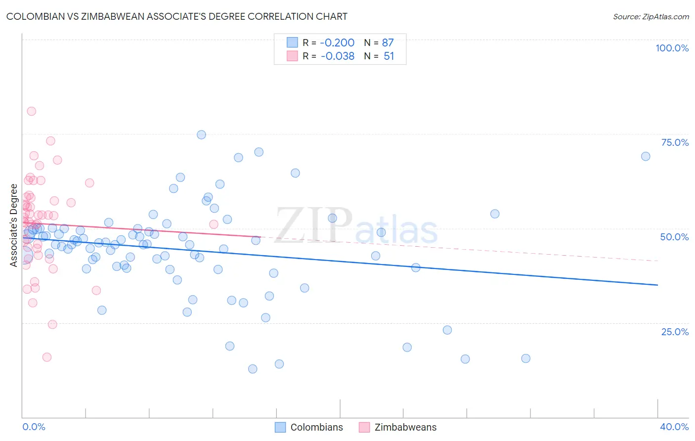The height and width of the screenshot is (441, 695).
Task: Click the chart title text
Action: coord(176,16)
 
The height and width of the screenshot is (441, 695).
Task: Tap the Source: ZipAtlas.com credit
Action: coord(651,16)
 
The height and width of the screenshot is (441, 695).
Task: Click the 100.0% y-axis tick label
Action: coord(672,48)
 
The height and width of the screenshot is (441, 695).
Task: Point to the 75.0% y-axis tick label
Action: coord(675,142)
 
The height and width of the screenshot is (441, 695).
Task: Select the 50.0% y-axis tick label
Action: coord(674,237)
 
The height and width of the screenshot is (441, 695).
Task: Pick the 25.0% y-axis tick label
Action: coord(675,331)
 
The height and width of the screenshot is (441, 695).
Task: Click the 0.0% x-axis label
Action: coord(34,427)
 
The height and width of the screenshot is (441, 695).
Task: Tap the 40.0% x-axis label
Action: coord(674,427)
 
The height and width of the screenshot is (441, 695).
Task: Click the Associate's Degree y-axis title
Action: coord(14,225)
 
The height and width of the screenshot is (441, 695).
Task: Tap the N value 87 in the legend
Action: coord(388,43)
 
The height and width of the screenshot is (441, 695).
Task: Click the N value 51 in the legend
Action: coord(389,56)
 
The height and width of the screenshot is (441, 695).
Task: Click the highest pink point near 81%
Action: coord(31,111)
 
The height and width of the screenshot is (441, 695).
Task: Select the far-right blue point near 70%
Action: coord(646,156)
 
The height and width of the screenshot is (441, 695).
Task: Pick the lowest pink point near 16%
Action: coord(47,357)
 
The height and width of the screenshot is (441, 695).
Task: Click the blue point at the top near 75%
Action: coord(201,134)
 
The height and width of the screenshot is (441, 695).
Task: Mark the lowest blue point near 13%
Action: coord(253,369)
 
